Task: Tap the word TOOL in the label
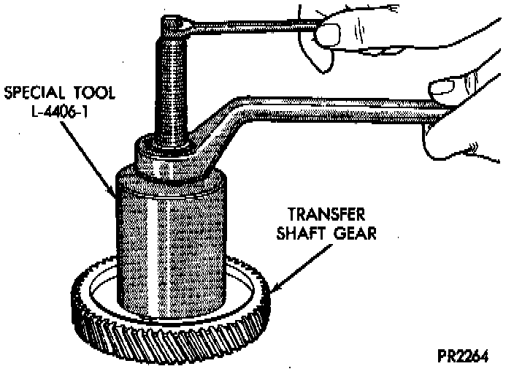[87, 95]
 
